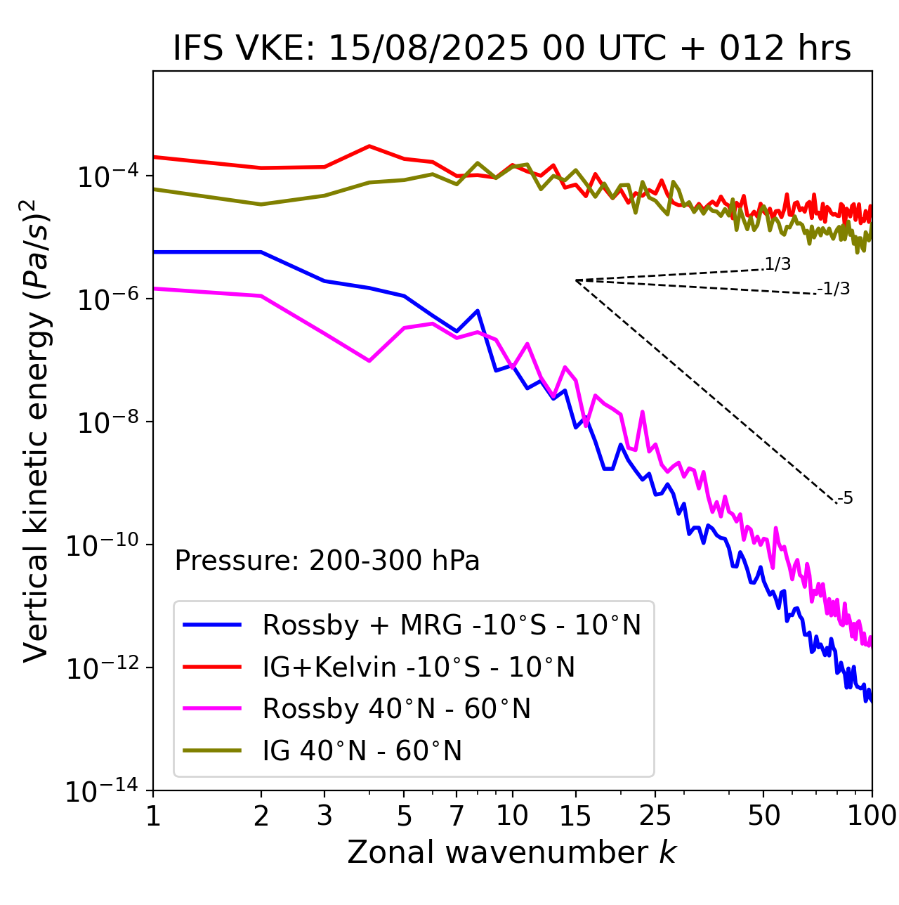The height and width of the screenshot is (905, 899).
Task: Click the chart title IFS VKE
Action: pos(512,49)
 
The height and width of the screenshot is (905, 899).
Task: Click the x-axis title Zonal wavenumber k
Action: pos(511,852)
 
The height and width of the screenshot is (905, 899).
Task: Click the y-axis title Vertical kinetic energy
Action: pos(37,430)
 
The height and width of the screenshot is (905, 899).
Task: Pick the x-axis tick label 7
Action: pos(457,816)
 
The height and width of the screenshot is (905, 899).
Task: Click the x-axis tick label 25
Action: pos(655,816)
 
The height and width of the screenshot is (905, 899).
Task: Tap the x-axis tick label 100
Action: pos(872,816)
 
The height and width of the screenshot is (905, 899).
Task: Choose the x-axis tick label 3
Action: pos(324,816)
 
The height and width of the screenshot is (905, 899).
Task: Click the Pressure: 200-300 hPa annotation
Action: pos(327,561)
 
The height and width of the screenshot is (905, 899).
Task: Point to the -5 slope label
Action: pos(845,499)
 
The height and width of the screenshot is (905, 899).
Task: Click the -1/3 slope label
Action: pos(834,289)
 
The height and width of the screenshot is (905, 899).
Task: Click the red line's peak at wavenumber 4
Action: pos(369,146)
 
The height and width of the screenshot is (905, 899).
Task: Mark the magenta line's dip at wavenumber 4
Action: pos(369,361)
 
